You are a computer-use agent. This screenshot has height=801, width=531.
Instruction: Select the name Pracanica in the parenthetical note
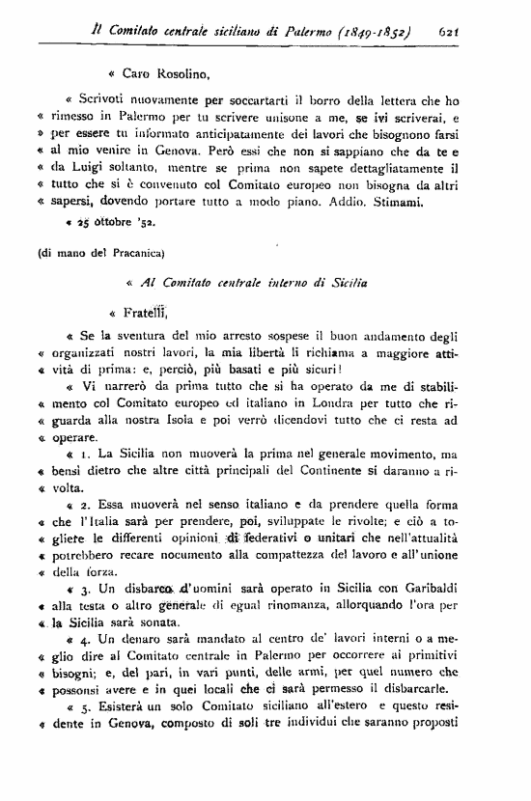[x=129, y=254]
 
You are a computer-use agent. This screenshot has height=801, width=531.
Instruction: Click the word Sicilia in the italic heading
[x=349, y=284]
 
